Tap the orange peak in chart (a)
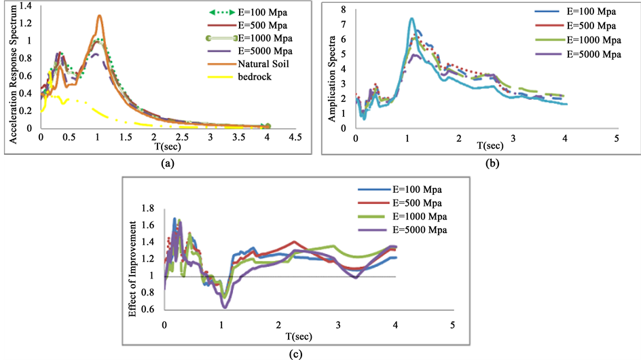click(100, 16)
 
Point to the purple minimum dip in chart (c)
click(225, 307)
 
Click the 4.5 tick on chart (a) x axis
click(295, 137)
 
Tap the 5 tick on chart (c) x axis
click(452, 325)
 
